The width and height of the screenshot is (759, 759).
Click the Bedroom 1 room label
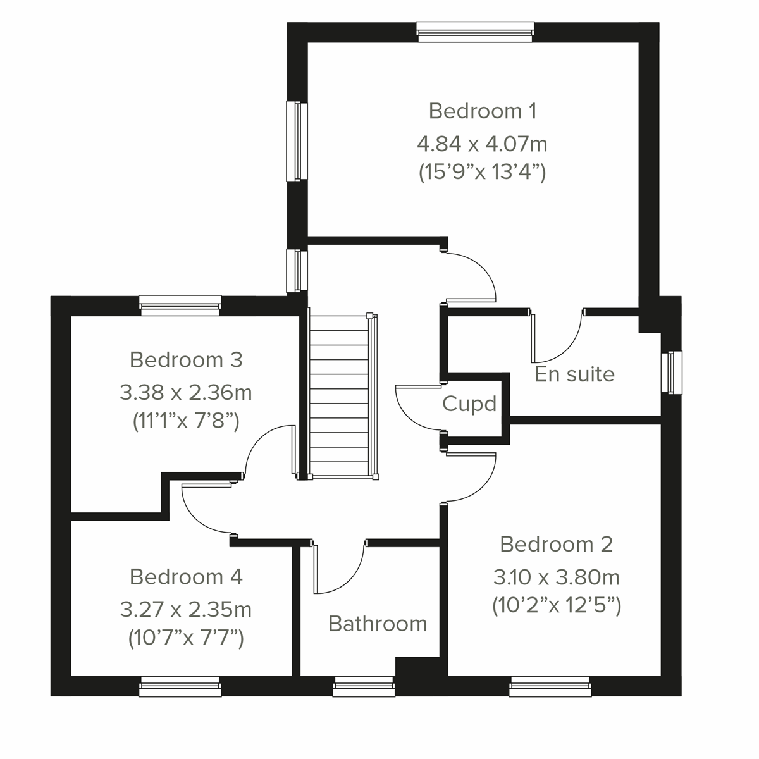point(483,111)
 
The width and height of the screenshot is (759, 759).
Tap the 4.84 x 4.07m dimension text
point(482,144)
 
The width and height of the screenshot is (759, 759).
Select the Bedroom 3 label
point(186,360)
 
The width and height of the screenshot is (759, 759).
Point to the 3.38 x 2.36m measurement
point(186,393)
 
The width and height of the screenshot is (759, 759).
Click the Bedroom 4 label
point(186,577)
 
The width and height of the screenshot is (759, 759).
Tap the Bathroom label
point(378,624)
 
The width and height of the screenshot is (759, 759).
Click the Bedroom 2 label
point(557,544)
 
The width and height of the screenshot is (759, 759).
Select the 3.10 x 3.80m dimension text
point(557,577)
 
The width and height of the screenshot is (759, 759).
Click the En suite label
point(574,374)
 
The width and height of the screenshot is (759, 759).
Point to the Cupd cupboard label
point(469,404)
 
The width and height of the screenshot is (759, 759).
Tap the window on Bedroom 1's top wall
point(476,32)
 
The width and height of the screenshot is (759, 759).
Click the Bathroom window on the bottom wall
point(364,686)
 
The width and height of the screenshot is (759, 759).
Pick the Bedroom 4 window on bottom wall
point(180,686)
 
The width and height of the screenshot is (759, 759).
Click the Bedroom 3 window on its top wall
point(180,305)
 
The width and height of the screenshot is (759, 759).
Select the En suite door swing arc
point(557,335)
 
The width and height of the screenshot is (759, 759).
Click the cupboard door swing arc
point(414,408)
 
